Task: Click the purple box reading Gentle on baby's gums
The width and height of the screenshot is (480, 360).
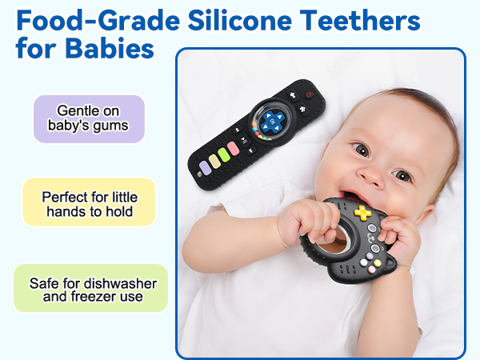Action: (x=89, y=118)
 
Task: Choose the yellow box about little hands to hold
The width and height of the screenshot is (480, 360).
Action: (x=89, y=203)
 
